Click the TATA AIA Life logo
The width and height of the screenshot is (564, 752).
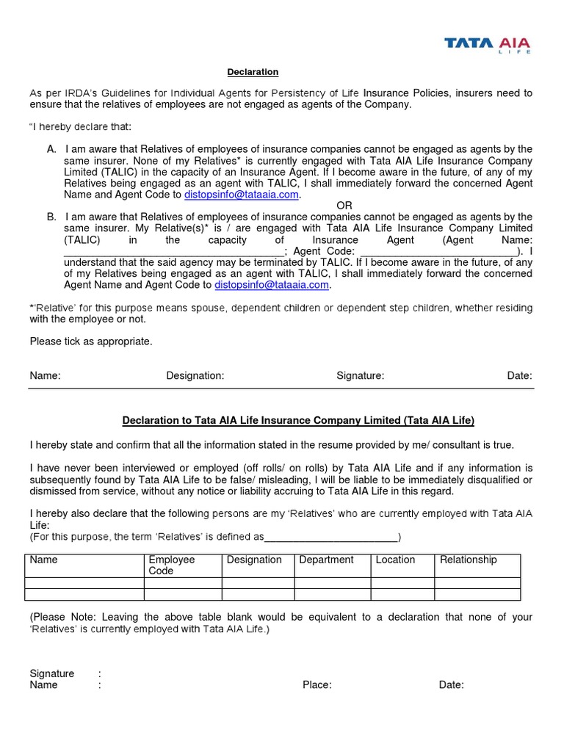click(x=487, y=45)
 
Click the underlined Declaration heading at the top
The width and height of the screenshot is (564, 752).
click(x=252, y=72)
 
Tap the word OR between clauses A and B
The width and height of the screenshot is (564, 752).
click(x=344, y=206)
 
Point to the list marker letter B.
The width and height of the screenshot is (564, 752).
click(x=51, y=217)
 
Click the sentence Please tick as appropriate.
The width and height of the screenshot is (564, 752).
click(x=91, y=341)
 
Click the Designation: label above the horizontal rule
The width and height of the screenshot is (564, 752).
click(x=195, y=375)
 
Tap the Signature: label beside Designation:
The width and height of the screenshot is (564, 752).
click(x=360, y=375)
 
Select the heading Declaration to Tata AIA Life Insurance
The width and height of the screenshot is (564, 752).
click(x=298, y=421)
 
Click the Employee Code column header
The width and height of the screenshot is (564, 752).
click(x=172, y=565)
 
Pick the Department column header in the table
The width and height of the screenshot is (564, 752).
click(x=326, y=560)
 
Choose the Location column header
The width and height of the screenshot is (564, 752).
click(x=395, y=560)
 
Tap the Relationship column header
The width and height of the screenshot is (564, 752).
click(x=468, y=560)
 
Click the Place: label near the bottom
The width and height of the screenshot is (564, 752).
click(x=317, y=685)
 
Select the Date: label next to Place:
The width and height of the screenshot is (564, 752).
click(x=451, y=685)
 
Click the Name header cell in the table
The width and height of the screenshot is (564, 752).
click(x=43, y=560)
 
